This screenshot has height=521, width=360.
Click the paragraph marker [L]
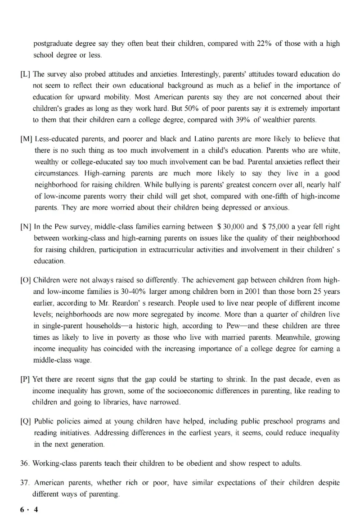pyautogui.click(x=26, y=74)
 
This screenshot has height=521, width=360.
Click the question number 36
pyautogui.click(x=25, y=463)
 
